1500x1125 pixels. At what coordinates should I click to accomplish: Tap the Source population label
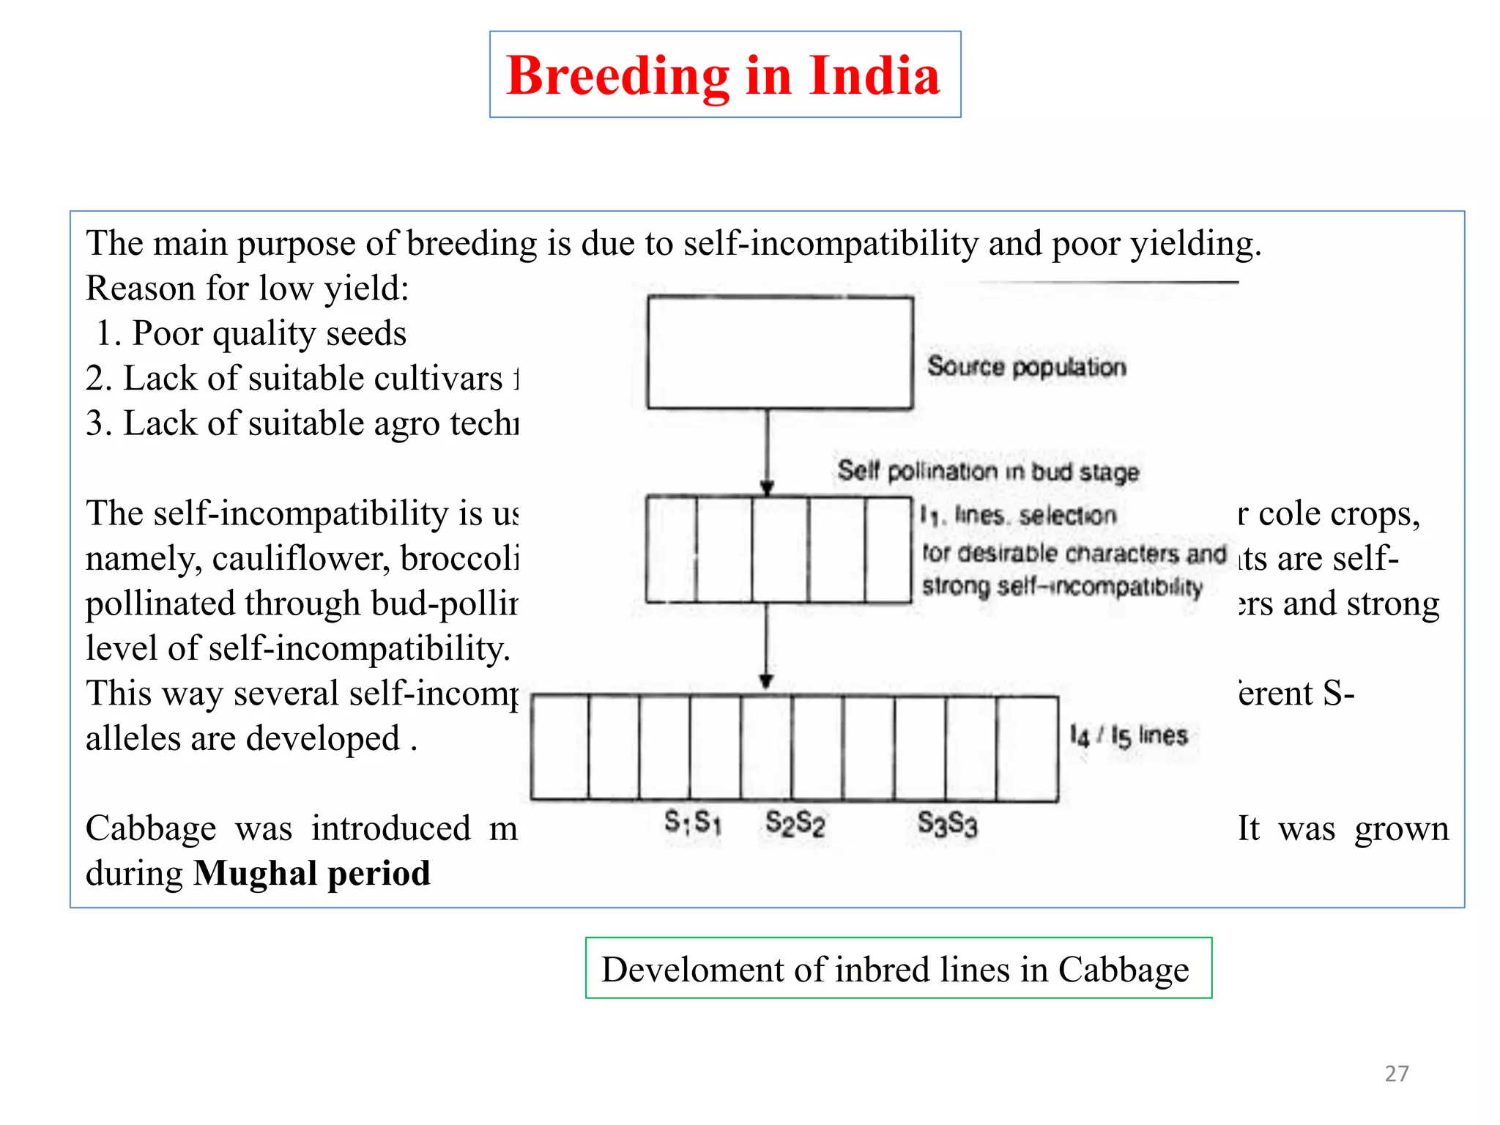(1026, 366)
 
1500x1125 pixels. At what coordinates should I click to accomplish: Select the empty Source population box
(780, 352)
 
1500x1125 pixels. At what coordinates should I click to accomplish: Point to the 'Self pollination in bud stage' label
(988, 471)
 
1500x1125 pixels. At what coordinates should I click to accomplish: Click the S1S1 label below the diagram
(693, 823)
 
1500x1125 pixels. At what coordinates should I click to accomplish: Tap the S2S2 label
(795, 823)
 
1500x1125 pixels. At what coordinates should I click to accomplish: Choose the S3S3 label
(948, 824)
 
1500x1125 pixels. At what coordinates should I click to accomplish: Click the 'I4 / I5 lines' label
(1128, 735)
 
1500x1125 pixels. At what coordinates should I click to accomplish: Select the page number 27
(1397, 1074)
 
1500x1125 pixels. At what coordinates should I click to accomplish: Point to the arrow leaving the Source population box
(767, 451)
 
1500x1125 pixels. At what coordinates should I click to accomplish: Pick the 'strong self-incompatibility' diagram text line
(1062, 587)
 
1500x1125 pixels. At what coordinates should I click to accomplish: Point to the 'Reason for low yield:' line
(248, 289)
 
